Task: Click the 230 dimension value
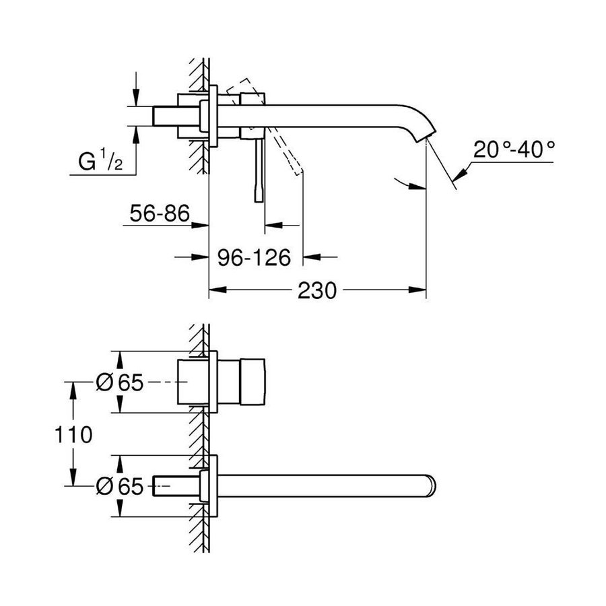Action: coord(316,291)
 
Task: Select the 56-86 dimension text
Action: coord(160,215)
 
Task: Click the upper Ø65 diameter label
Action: coord(121,382)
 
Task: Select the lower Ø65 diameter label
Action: coord(121,486)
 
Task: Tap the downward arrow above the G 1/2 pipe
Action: coord(137,98)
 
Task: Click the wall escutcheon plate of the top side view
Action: coord(213,115)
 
